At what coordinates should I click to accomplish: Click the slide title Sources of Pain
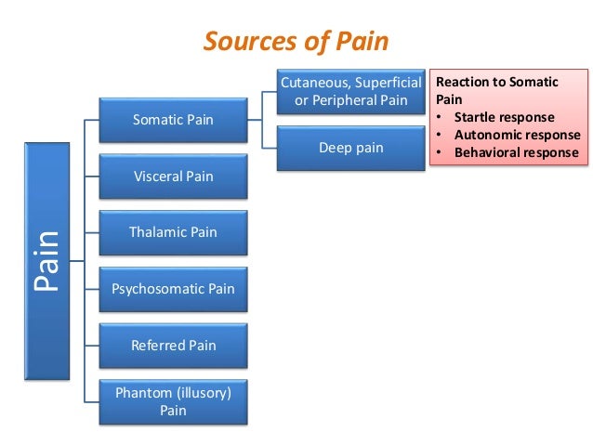point(296,42)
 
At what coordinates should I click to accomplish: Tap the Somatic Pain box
point(173,120)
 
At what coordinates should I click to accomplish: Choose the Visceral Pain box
point(173,176)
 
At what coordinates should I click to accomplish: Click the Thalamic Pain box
point(173,232)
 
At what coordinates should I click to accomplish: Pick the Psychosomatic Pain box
point(173,289)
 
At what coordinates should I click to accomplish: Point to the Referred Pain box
point(173,345)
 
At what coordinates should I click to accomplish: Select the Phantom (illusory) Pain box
point(173,401)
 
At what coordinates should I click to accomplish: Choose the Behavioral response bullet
point(516,152)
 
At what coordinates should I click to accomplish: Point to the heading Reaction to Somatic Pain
point(496,90)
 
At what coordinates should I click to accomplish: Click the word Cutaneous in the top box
point(313,83)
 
